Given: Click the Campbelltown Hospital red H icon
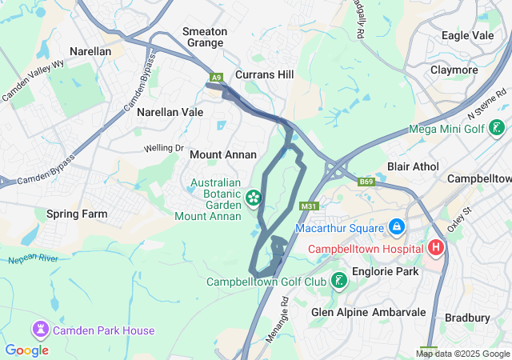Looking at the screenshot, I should point(436,248).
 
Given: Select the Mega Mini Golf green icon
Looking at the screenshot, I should point(497,128).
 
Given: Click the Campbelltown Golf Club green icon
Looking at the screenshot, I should point(340,281).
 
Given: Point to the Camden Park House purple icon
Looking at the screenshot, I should point(40,330).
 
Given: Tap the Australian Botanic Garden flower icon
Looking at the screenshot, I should point(254,197).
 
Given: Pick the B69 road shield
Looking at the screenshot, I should point(366,182).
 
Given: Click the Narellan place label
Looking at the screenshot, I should point(90,50).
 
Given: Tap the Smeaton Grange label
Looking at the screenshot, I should point(206,37).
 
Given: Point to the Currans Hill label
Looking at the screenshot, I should point(264,74).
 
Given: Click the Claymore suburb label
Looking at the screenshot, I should point(454,70).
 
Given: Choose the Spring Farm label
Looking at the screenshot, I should point(77,214).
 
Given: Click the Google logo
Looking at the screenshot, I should point(26,350).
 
